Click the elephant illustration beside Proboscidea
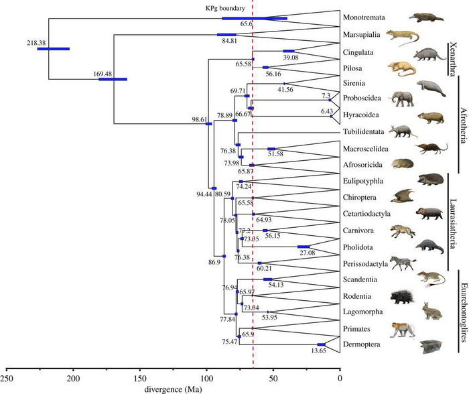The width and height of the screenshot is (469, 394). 405,99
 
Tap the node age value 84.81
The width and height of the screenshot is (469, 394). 228,40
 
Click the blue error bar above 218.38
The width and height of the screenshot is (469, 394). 53,49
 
